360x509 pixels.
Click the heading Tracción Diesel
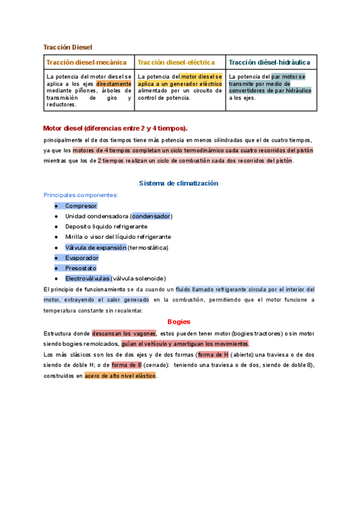(x=68, y=47)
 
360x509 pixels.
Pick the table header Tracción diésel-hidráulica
(x=269, y=62)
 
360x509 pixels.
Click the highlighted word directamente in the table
(x=113, y=84)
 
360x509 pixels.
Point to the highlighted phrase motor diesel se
(x=202, y=77)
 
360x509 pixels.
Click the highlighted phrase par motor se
(x=288, y=77)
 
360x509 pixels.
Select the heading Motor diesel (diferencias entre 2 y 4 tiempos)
(x=115, y=128)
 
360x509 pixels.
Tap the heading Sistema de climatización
(x=179, y=183)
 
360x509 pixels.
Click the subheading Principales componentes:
(x=81, y=195)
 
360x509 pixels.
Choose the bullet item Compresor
(x=81, y=206)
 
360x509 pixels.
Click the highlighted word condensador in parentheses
(x=151, y=216)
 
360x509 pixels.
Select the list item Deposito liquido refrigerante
(x=106, y=226)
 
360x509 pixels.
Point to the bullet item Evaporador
(x=82, y=258)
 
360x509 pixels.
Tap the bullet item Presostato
(x=81, y=268)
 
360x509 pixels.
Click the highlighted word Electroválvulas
(x=88, y=279)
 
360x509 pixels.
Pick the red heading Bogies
(x=179, y=322)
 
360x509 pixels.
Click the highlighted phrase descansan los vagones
(x=124, y=333)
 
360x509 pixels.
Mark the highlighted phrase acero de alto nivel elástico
(x=120, y=376)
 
